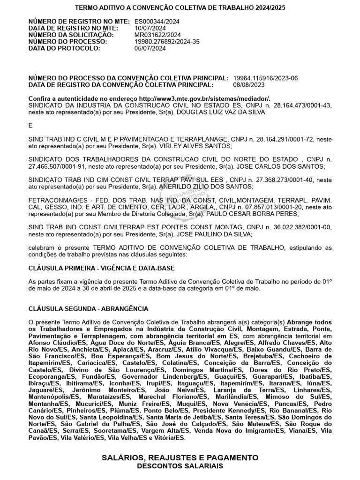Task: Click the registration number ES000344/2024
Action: [x=157, y=22]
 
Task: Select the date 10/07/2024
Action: [x=150, y=28]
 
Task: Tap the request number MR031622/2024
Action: [x=157, y=35]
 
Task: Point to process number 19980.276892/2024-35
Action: [x=167, y=41]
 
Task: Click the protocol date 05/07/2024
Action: [x=150, y=48]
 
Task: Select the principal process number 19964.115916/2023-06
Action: [x=265, y=78]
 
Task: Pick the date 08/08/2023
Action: [x=249, y=85]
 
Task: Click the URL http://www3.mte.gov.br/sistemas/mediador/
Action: [x=205, y=99]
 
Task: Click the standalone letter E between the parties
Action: [x=31, y=126]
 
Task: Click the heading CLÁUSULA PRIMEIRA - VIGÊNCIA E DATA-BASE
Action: [x=101, y=268]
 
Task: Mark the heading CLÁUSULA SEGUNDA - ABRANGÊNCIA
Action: [x=89, y=308]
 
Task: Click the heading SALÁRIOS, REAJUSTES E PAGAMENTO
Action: [x=180, y=457]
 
